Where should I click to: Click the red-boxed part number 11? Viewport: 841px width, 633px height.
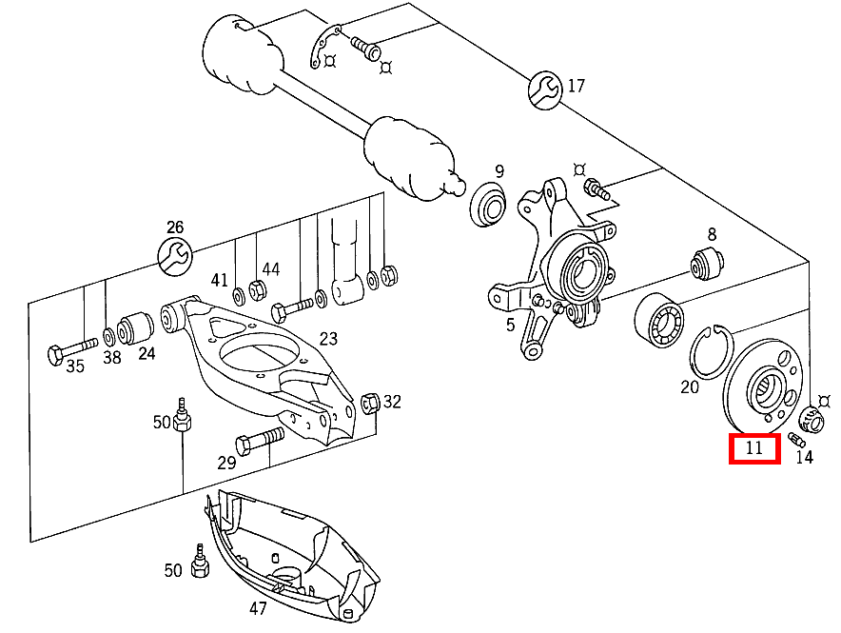pyautogui.click(x=754, y=448)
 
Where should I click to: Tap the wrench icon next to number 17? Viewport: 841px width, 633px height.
pyautogui.click(x=545, y=89)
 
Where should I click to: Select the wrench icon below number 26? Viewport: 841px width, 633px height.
pyautogui.click(x=175, y=255)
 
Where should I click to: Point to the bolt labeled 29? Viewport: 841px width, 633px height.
pyautogui.click(x=260, y=440)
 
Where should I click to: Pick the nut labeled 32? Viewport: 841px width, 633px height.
pyautogui.click(x=370, y=403)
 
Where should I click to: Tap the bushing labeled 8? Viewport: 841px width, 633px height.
pyautogui.click(x=707, y=264)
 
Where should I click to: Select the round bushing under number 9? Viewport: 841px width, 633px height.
pyautogui.click(x=488, y=205)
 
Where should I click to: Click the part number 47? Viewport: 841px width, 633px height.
pyautogui.click(x=258, y=608)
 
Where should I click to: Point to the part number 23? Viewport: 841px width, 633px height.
pyautogui.click(x=328, y=339)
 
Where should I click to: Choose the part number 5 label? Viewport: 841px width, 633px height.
pyautogui.click(x=510, y=325)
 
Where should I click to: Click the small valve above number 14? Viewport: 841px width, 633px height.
pyautogui.click(x=796, y=440)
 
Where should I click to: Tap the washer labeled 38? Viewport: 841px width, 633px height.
pyautogui.click(x=108, y=337)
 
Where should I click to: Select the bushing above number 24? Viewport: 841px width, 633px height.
pyautogui.click(x=135, y=327)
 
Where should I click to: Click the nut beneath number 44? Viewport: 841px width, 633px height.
pyautogui.click(x=258, y=290)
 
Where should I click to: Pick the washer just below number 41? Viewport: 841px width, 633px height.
pyautogui.click(x=238, y=297)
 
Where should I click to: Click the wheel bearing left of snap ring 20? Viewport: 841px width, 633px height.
pyautogui.click(x=658, y=321)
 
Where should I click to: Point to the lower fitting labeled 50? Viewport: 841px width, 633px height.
pyautogui.click(x=200, y=562)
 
